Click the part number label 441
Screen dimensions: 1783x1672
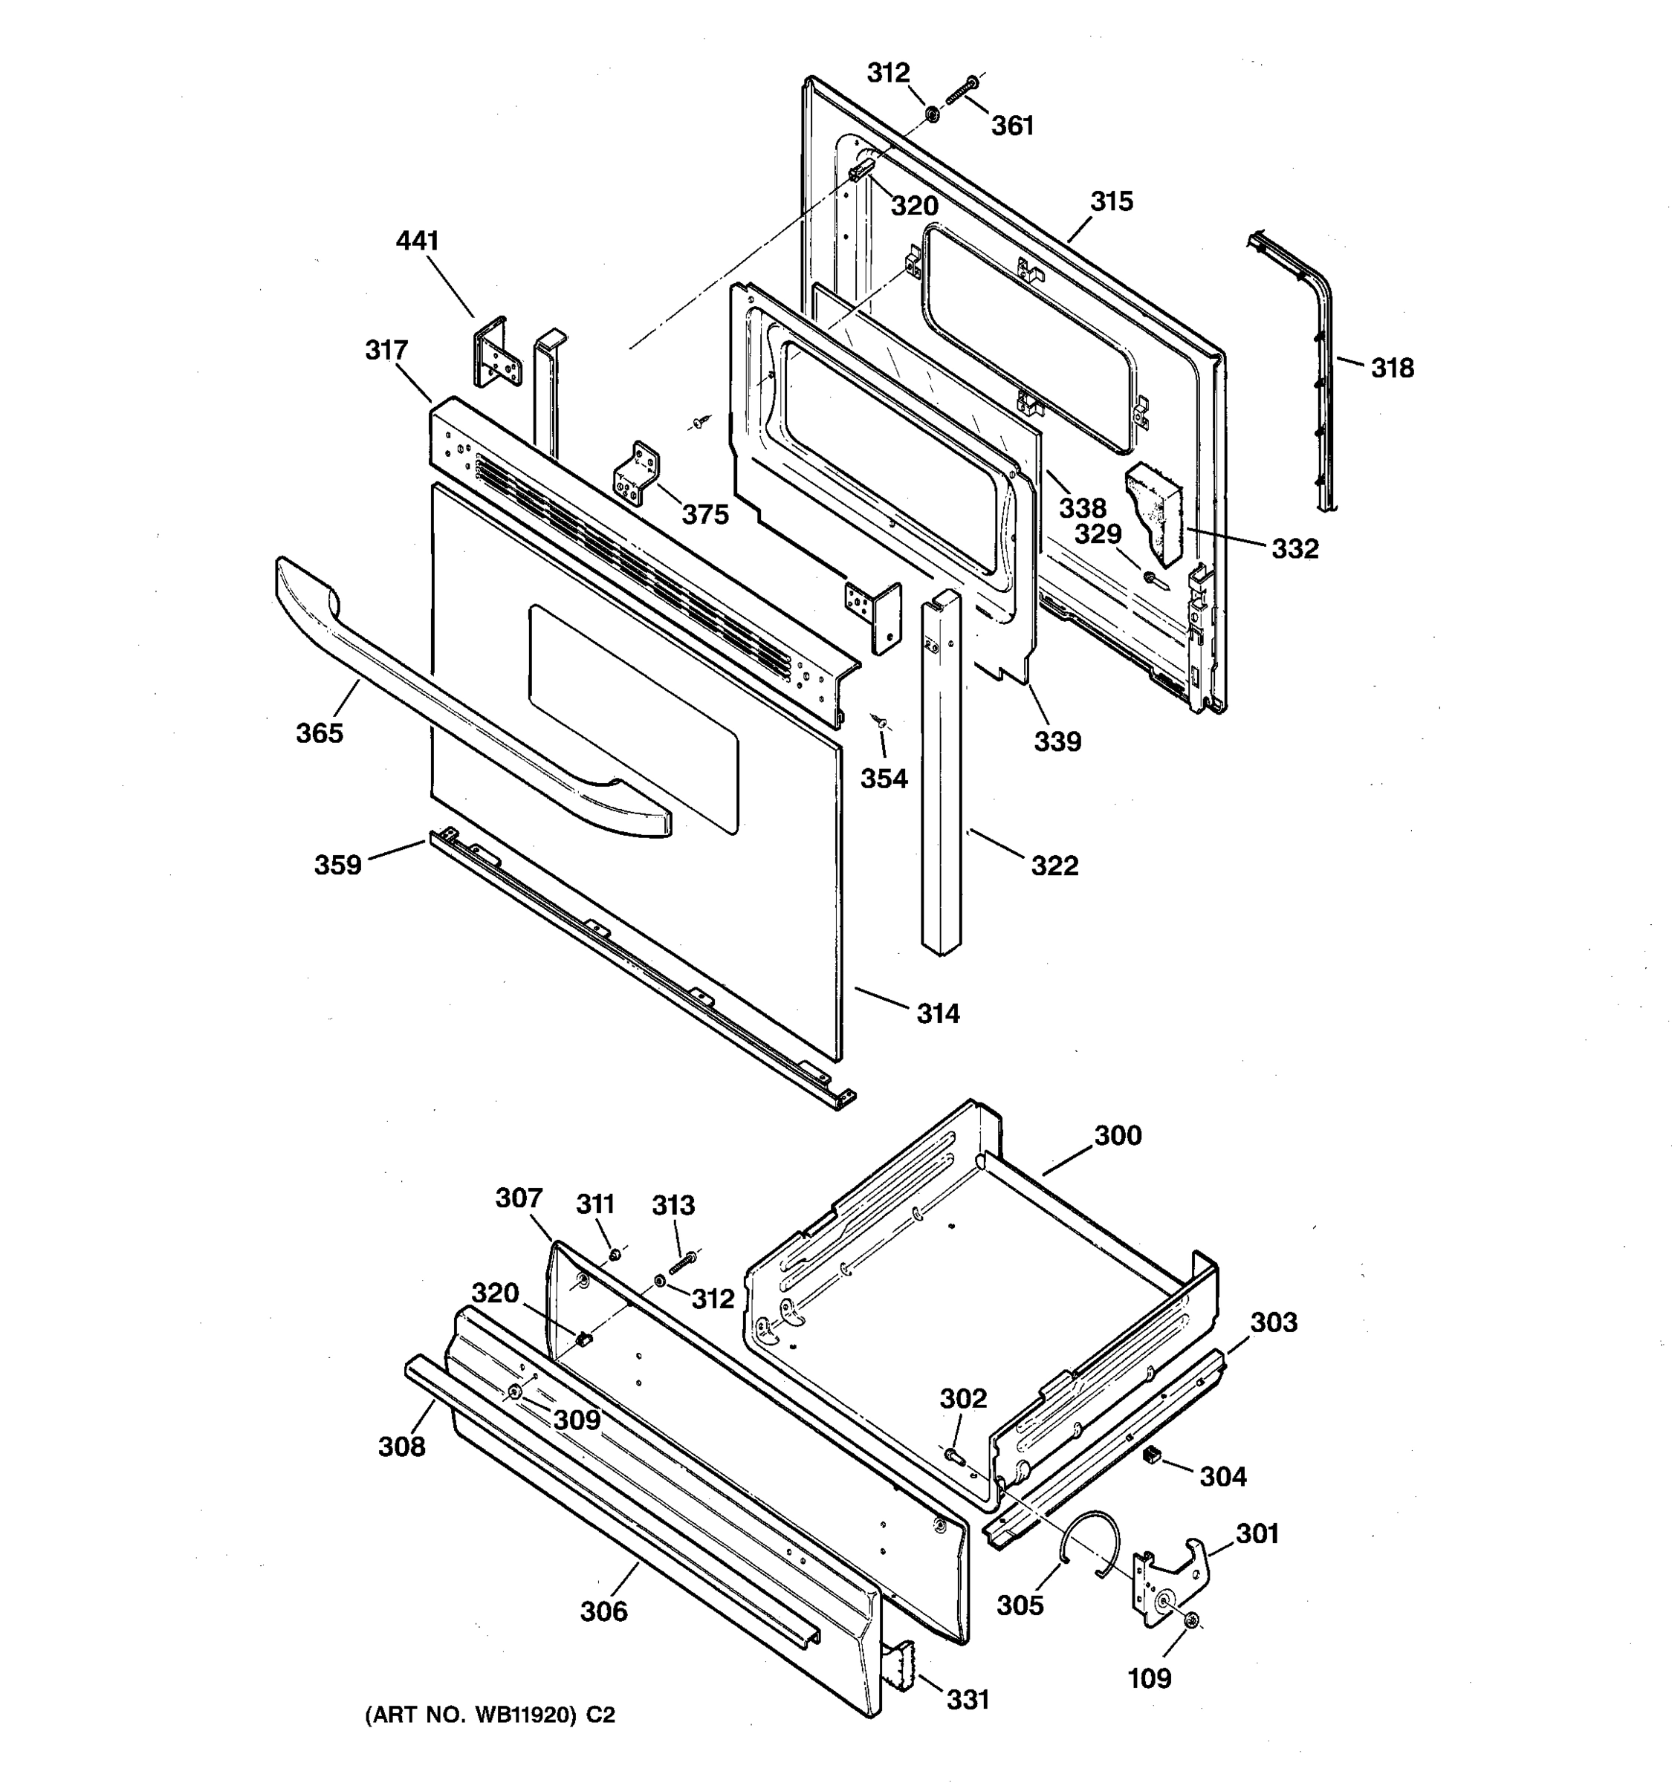(417, 241)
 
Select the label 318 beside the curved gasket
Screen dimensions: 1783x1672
(1392, 368)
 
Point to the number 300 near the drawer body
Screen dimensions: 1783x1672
(1118, 1135)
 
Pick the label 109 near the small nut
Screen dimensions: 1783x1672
(1149, 1678)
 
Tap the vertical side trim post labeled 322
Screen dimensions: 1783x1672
(940, 771)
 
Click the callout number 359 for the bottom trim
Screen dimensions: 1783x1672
(337, 865)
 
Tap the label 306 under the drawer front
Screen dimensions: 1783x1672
(603, 1611)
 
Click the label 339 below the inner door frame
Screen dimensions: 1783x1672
(1057, 741)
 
